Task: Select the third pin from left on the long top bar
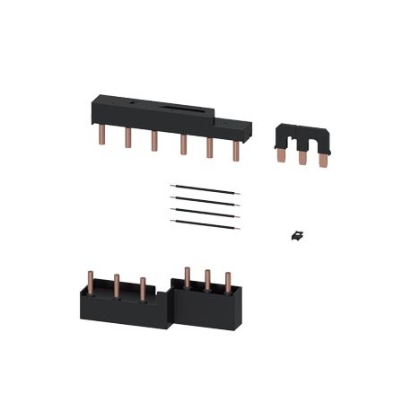pos(156,142)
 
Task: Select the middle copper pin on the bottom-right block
pos(209,280)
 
